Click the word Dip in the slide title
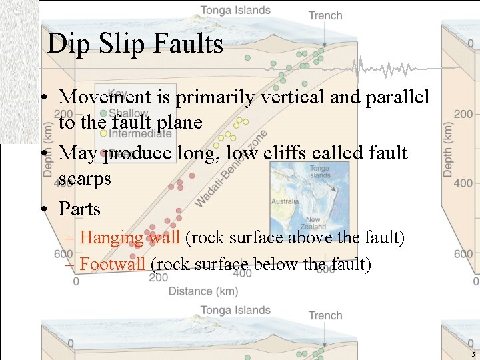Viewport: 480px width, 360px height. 65,45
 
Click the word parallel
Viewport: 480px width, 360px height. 397,97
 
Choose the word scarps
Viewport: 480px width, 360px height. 85,179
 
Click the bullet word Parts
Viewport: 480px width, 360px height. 79,209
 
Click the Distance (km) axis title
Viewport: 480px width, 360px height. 203,291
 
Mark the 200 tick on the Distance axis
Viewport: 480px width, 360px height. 158,277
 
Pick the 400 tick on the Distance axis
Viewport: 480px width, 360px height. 242,273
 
